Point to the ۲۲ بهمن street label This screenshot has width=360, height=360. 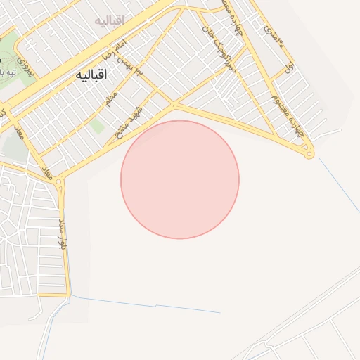click(x=138, y=69)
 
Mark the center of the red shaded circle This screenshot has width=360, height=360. click(x=180, y=179)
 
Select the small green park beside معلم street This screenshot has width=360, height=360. click(x=96, y=127)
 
